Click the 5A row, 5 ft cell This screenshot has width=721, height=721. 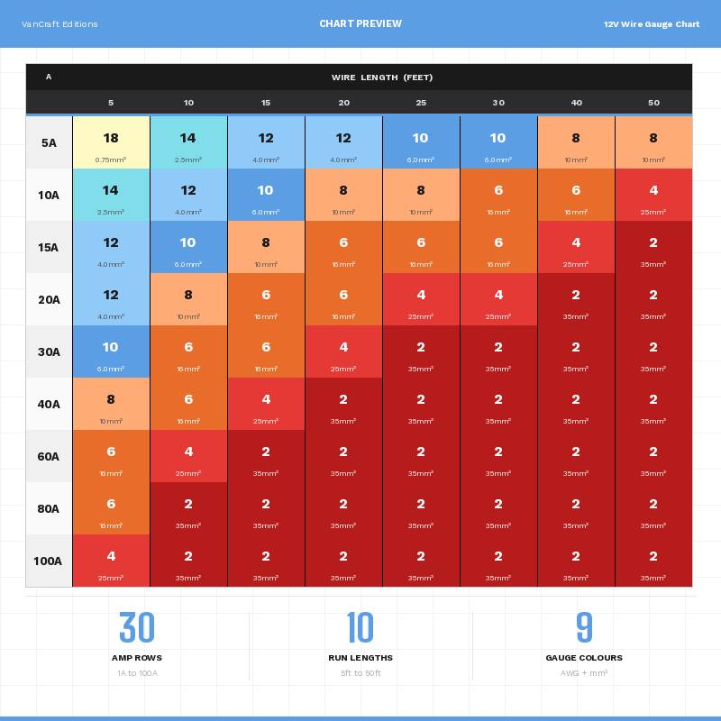click(x=111, y=142)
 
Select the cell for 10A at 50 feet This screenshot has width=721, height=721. click(x=653, y=195)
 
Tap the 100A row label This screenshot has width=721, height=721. click(x=49, y=561)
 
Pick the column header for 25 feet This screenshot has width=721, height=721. click(x=421, y=103)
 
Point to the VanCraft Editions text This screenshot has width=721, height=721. click(x=59, y=24)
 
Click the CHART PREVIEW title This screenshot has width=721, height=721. click(x=360, y=24)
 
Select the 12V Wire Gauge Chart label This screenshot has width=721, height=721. click(x=652, y=24)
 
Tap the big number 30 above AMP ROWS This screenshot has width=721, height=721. click(x=137, y=628)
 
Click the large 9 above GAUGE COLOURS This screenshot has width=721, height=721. click(x=584, y=628)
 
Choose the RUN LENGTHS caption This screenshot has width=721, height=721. click(x=360, y=658)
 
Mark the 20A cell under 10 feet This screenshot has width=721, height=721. click(x=188, y=299)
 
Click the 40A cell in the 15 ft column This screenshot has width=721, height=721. click(x=266, y=404)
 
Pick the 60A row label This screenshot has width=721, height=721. click(x=49, y=456)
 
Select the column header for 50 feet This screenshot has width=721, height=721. click(x=653, y=103)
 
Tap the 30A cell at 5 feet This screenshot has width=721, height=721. click(x=111, y=351)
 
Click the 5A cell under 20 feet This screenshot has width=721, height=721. click(x=343, y=142)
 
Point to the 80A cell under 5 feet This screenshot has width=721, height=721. click(x=111, y=508)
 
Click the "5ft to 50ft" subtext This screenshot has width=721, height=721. click(x=360, y=673)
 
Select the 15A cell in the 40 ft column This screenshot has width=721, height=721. click(x=576, y=247)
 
